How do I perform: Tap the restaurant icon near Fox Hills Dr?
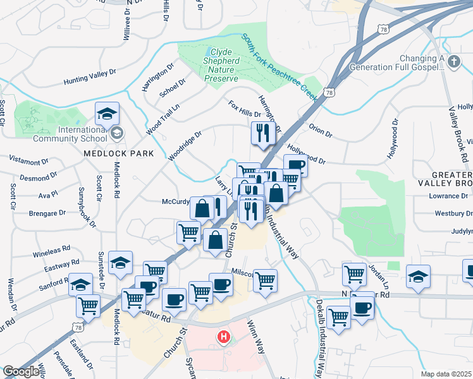[261, 133]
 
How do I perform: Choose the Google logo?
[21, 371]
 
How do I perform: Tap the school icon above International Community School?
[107, 114]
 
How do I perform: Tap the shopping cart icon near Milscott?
[265, 280]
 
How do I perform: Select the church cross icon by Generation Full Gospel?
[453, 61]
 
